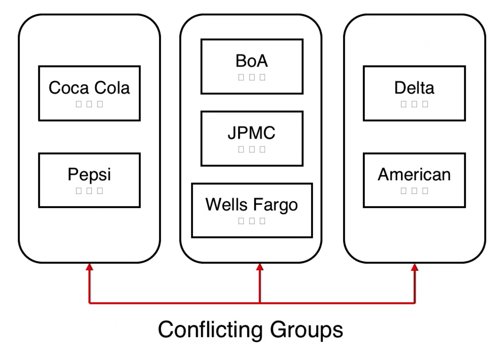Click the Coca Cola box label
click(89, 88)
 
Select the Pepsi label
click(89, 175)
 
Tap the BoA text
click(252, 61)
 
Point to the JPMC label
click(252, 133)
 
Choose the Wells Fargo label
click(252, 205)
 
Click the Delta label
click(414, 88)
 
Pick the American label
click(414, 175)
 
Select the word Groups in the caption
click(306, 330)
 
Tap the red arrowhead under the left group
click(89, 267)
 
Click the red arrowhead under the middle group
click(260, 267)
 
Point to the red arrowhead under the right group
click(415, 267)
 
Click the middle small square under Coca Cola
click(89, 104)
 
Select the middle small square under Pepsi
click(89, 191)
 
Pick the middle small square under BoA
click(252, 77)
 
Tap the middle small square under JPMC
click(252, 149)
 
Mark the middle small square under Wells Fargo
click(252, 221)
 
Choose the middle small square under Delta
click(414, 104)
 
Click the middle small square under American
click(414, 191)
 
